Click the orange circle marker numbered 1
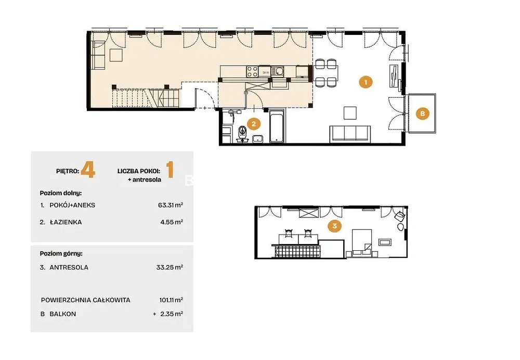(366, 82)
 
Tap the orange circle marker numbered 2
(254, 124)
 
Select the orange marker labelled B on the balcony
(422, 113)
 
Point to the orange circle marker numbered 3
(334, 226)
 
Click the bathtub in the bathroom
(277, 126)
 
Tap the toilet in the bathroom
(242, 133)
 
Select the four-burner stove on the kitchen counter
(252, 71)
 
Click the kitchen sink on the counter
(277, 71)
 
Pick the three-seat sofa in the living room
(350, 134)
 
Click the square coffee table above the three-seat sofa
(350, 113)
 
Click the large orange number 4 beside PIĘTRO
(88, 170)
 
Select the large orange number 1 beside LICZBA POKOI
(170, 170)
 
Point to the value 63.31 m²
(171, 205)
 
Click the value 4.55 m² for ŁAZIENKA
(172, 222)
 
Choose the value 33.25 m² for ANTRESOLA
(170, 267)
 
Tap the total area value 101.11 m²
(171, 300)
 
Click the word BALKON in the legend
(63, 314)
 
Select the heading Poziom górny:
(61, 254)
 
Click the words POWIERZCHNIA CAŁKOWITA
(86, 300)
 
